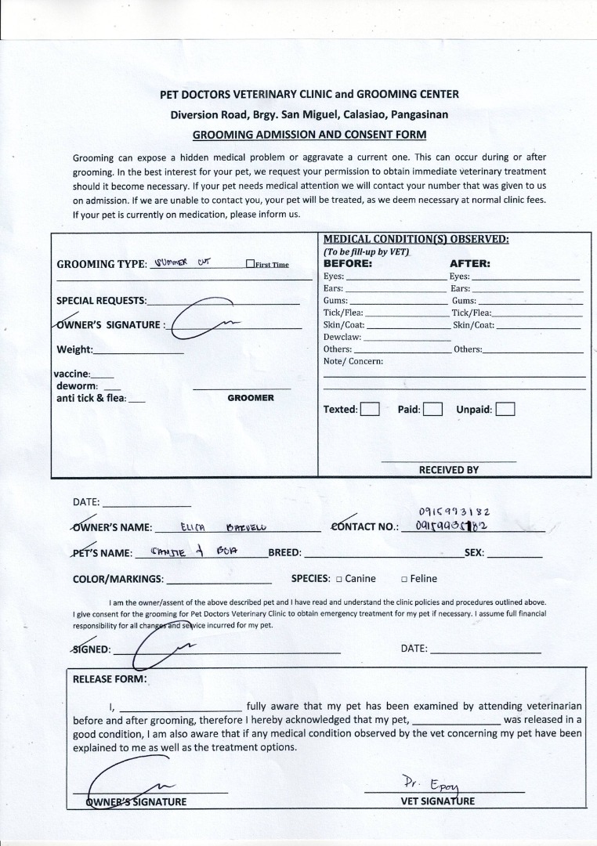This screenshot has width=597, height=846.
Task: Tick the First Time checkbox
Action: click(x=250, y=265)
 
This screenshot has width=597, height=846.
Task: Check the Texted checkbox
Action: click(x=370, y=409)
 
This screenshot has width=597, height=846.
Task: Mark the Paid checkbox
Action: click(x=433, y=409)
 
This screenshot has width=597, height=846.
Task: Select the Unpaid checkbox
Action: click(x=505, y=409)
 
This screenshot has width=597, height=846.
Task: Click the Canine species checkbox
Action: click(x=338, y=580)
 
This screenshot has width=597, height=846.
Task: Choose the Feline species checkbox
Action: click(x=403, y=580)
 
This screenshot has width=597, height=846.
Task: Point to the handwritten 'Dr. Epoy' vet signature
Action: click(x=423, y=782)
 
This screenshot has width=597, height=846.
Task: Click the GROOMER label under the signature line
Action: click(x=251, y=398)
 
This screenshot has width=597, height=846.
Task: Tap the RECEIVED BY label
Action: click(x=448, y=470)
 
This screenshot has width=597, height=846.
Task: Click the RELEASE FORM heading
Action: click(x=109, y=679)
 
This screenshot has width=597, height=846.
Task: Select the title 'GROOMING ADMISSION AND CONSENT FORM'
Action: click(x=309, y=134)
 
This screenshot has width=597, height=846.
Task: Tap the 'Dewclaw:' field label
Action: click(x=342, y=337)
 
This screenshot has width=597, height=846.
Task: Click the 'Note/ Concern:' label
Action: click(x=353, y=361)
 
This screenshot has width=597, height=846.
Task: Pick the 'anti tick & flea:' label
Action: click(x=91, y=398)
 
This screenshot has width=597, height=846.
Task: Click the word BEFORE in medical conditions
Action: click(x=348, y=264)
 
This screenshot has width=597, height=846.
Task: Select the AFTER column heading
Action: click(x=469, y=264)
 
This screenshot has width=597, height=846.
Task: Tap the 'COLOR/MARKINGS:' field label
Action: click(x=118, y=579)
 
